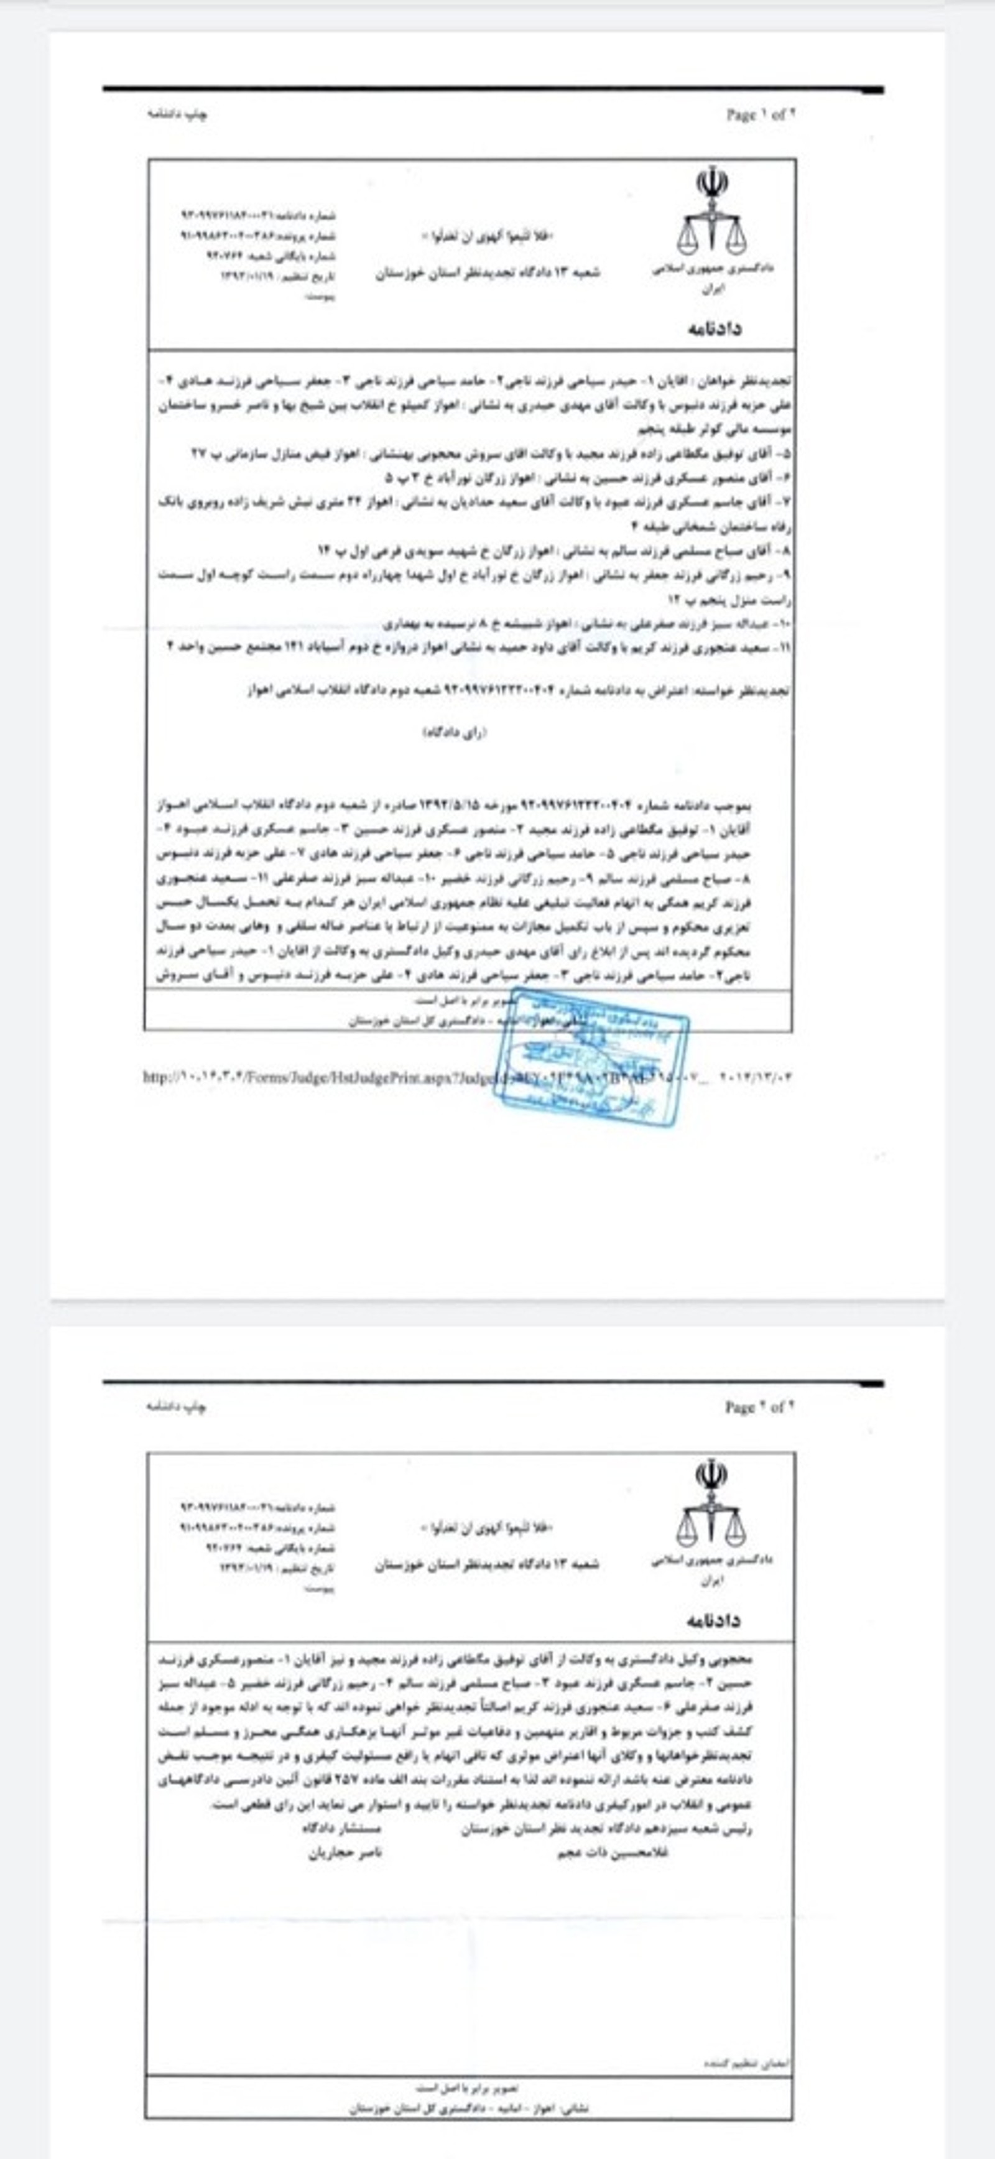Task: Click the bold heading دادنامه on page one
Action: [x=714, y=328]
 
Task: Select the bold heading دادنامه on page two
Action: [x=713, y=1619]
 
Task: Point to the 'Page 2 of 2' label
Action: [x=759, y=1407]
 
